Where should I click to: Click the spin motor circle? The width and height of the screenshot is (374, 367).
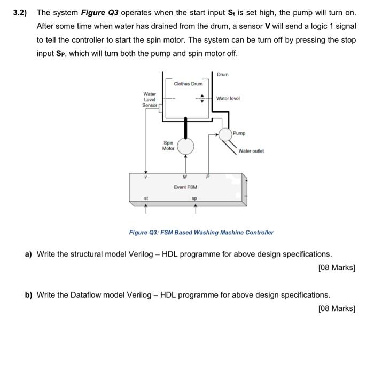185,146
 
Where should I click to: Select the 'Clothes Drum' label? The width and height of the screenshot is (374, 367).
188,84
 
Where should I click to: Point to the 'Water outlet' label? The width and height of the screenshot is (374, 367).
251,151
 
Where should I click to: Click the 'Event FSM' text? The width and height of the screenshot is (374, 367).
185,187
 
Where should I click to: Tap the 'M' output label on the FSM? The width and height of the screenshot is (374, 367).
184,177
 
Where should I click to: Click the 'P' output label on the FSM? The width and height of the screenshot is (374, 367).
208,177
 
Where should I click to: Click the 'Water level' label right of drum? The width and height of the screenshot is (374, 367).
228,98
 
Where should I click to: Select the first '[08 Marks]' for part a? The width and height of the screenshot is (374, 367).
336,267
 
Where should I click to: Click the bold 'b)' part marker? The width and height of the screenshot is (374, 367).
29,294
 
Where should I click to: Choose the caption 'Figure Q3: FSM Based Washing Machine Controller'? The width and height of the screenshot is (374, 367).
201,232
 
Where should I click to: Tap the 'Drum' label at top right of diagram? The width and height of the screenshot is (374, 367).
223,74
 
